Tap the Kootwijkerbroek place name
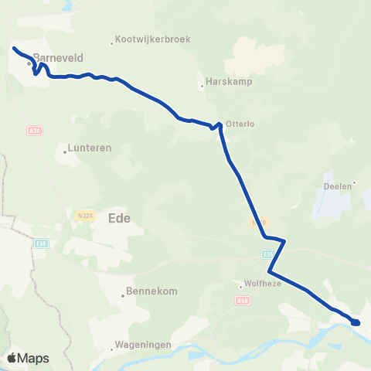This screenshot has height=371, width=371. (x=154, y=39)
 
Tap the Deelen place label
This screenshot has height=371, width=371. (x=337, y=185)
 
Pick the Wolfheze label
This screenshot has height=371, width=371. (x=263, y=284)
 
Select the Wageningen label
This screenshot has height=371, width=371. (x=143, y=345)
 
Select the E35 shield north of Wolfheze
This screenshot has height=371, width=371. (x=267, y=253)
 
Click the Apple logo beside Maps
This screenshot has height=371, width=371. (x=12, y=358)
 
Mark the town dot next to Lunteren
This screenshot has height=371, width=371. (x=66, y=151)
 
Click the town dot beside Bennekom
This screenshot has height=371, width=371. (x=124, y=294)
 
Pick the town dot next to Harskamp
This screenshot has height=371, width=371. (x=203, y=85)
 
